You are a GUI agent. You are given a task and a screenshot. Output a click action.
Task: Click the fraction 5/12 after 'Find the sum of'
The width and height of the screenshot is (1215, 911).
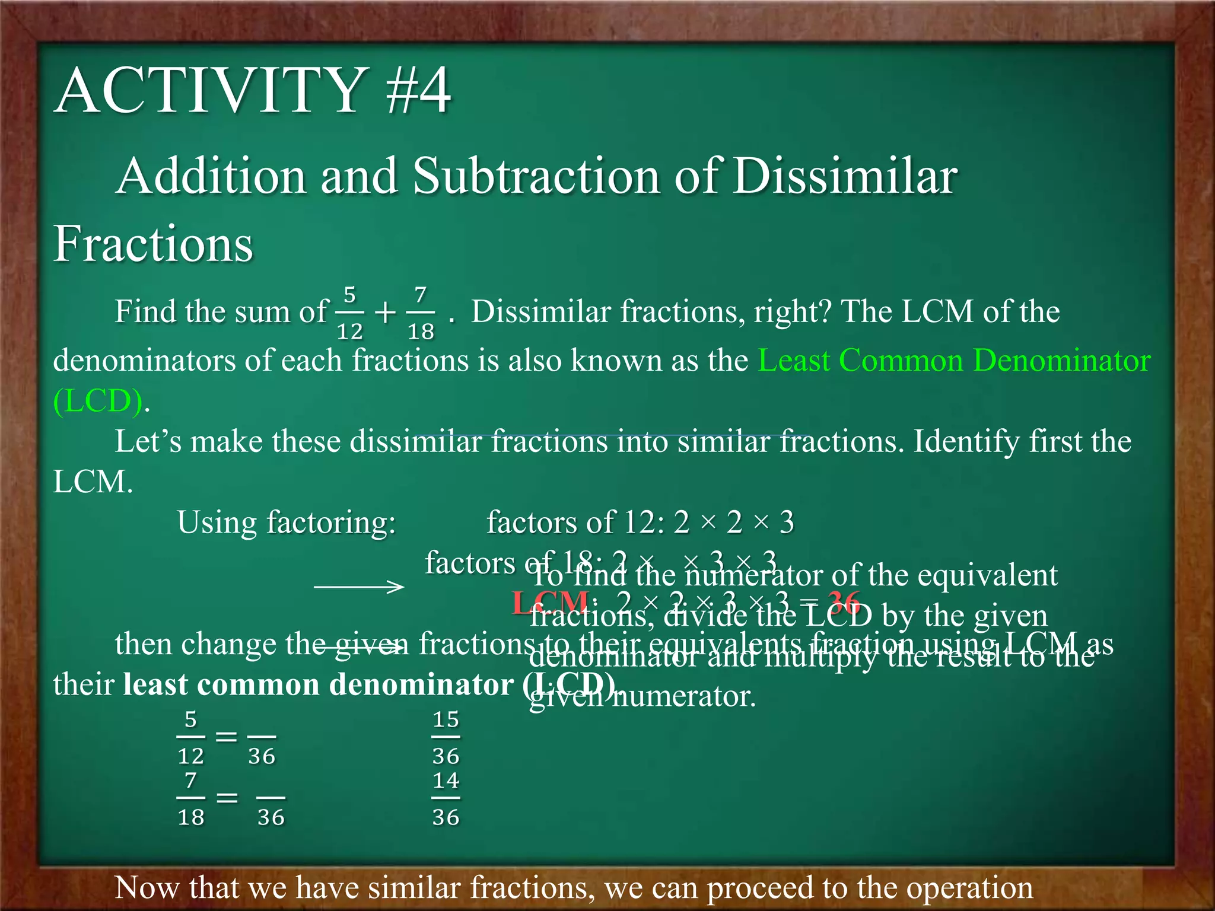[350, 313]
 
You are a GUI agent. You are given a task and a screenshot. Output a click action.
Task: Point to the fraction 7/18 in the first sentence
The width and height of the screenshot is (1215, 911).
[421, 313]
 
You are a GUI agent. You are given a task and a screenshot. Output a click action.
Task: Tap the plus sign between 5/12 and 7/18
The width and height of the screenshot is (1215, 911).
[386, 313]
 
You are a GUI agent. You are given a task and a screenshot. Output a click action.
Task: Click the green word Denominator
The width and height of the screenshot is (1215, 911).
[1062, 360]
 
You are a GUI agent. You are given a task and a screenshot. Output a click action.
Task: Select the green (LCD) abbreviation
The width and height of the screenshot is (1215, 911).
[98, 401]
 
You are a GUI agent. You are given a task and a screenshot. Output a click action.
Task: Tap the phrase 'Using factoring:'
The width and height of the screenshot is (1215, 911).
[286, 523]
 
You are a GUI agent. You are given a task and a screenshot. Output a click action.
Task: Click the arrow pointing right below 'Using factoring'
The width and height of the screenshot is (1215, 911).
[359, 587]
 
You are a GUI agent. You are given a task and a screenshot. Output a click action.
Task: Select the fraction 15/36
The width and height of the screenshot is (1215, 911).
[446, 737]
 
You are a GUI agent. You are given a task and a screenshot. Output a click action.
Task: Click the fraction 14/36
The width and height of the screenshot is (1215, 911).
[446, 798]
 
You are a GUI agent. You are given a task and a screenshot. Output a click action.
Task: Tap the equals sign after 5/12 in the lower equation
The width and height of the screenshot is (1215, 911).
[226, 737]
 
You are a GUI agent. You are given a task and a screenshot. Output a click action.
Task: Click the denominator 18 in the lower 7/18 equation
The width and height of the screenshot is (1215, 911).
[190, 817]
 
